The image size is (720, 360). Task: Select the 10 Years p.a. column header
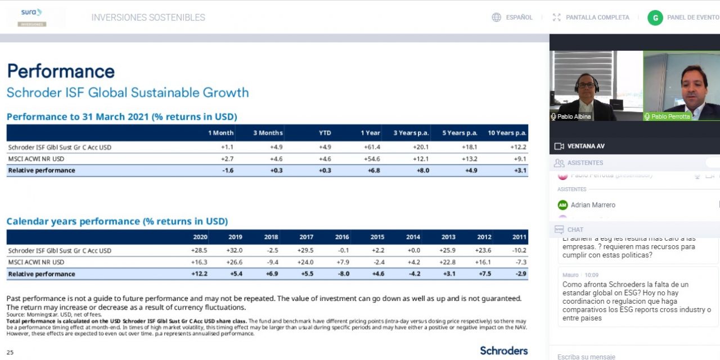pos(507,133)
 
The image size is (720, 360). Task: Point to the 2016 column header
pos(341,237)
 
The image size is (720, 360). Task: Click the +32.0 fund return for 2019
pos(235,250)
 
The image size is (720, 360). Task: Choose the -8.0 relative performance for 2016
pos(342,274)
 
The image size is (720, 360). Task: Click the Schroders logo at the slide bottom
pos(503,350)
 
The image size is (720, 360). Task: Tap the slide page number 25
pos(10,353)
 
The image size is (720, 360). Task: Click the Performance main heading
pos(61,71)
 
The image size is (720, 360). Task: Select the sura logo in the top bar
pos(31,12)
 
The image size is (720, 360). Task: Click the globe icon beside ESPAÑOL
pos(496,17)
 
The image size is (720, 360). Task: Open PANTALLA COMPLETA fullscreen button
pos(591,17)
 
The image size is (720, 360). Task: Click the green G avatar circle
pos(655,17)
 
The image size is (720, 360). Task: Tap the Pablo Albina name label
pos(574,116)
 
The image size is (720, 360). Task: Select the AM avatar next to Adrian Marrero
pos(562,205)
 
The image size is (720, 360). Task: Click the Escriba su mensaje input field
pos(619,357)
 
